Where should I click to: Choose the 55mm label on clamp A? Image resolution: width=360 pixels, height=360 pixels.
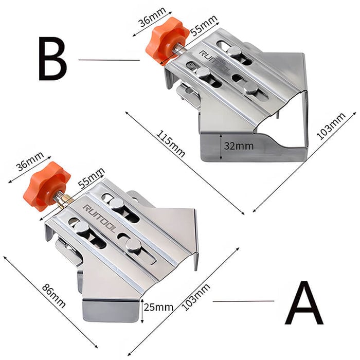pos(91,177)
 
